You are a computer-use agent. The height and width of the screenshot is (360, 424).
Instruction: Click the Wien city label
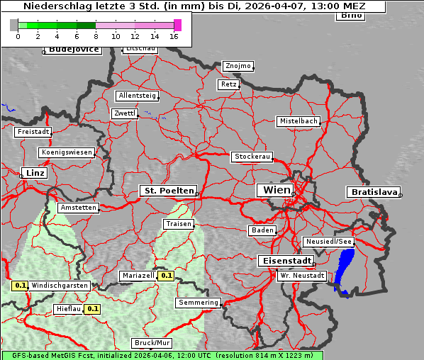[x=277, y=190]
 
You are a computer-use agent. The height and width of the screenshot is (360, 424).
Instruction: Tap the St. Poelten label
[x=167, y=191]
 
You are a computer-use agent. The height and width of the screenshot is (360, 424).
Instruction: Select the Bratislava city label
[x=373, y=192]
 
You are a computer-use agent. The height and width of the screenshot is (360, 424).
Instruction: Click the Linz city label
[x=34, y=173]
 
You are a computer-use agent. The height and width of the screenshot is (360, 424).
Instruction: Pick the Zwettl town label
[x=124, y=113]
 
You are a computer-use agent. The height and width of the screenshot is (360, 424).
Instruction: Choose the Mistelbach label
[x=298, y=121]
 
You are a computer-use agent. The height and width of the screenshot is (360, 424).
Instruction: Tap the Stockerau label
[x=252, y=156]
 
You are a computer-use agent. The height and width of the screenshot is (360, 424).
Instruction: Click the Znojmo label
[x=238, y=66]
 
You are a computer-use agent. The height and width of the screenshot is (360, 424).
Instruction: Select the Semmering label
[x=199, y=303]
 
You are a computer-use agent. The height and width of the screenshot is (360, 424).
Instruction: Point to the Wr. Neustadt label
[x=302, y=275]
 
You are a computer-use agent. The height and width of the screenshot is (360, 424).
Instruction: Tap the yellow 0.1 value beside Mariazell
[x=167, y=275]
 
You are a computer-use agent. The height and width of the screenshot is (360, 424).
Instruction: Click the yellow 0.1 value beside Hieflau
[x=93, y=309]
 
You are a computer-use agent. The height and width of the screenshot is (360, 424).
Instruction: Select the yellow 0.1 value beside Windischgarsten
[x=20, y=286]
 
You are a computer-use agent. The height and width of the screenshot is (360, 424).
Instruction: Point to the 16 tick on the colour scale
[x=174, y=35]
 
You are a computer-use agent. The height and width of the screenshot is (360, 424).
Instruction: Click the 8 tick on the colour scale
[x=96, y=35]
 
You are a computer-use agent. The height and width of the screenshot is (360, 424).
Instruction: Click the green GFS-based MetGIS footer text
[x=162, y=354]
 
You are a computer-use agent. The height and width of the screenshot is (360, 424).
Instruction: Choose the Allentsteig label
[x=137, y=96]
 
